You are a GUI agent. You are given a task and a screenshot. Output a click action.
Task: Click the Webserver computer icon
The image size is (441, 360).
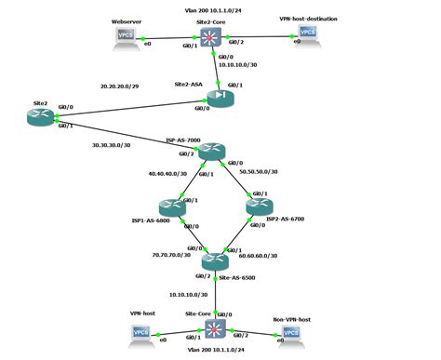[x=123, y=37]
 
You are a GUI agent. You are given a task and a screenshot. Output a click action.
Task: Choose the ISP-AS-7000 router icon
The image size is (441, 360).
[x=211, y=152]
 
